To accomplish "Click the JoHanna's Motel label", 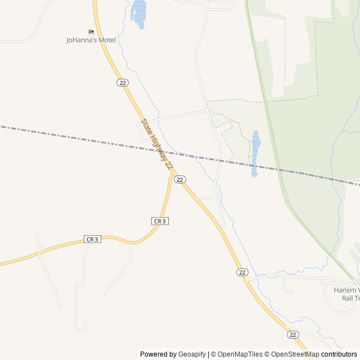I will (x=91, y=40).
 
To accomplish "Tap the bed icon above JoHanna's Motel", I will (x=91, y=31).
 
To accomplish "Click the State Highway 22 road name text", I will (x=157, y=143).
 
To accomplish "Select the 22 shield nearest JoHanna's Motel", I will (x=123, y=83).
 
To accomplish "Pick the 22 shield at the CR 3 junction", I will (x=179, y=179).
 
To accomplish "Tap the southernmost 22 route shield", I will (x=292, y=334).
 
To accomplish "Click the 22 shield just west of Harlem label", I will (x=242, y=272).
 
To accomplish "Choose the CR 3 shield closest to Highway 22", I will (x=160, y=221).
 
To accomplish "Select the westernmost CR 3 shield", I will (x=93, y=239).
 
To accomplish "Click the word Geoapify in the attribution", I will (x=192, y=354).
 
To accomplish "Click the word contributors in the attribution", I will (x=339, y=354).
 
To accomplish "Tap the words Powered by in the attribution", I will (x=158, y=354).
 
